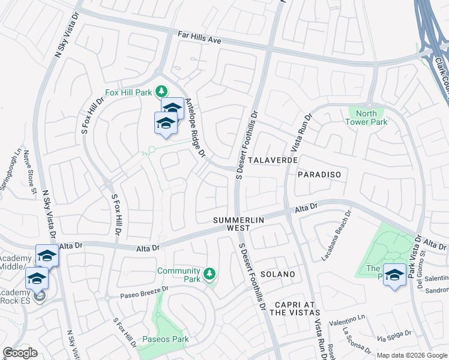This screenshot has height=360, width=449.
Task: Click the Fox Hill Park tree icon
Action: [161, 92]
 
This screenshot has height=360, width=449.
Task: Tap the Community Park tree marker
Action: [209, 274]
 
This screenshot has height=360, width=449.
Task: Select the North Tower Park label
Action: [366, 118]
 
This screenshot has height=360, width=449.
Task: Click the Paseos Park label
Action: [166, 340]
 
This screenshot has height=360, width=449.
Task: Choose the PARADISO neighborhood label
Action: [319, 175]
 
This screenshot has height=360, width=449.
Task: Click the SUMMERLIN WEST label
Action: [238, 224]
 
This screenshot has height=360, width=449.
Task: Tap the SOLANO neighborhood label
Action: [278, 274]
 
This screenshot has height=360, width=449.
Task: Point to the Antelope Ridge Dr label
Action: [195, 128]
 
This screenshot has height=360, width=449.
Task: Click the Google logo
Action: [20, 352]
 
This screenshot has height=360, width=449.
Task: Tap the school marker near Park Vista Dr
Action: [394, 275]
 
